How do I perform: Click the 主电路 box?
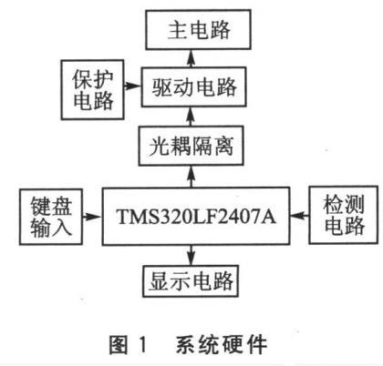pos(198,29)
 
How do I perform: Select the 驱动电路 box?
pos(193,87)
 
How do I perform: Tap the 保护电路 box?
pos(93,89)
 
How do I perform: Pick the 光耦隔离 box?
pos(191,146)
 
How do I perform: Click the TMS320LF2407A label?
pos(196,217)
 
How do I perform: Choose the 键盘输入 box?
pos(51,217)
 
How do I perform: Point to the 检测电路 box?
pos(344,215)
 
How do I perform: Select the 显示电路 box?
pos(191,281)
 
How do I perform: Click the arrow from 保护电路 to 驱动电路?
pos(132,86)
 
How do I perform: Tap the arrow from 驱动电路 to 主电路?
pos(191,58)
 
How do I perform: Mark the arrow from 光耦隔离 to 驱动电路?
pos(191,117)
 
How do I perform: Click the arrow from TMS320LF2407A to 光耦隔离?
pos(191,177)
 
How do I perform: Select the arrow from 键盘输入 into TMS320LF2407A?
pos(92,217)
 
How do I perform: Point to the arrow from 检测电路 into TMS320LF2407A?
pos(299,216)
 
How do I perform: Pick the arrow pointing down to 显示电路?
pos(191,255)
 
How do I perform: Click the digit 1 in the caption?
pos(142,345)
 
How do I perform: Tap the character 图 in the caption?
pos(119,345)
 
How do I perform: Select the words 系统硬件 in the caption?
pos(222,345)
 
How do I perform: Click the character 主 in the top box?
pos(178,30)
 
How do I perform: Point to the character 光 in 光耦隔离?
pos(159,147)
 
